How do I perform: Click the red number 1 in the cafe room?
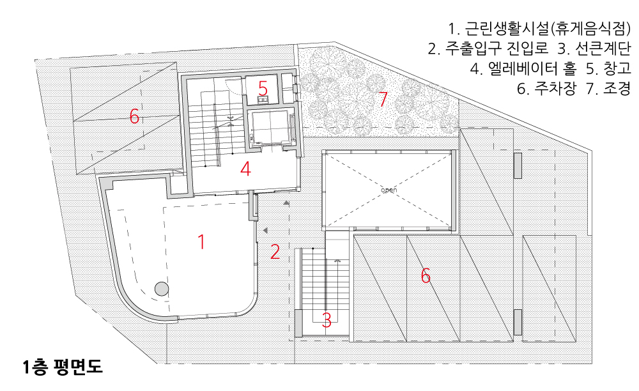[201, 242]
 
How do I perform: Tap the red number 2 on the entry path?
[275, 252]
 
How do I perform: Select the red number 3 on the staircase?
[327, 319]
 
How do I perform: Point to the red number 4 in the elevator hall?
[245, 169]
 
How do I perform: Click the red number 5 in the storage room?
[263, 87]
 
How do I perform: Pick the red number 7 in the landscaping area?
[383, 99]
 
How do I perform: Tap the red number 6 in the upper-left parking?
[134, 116]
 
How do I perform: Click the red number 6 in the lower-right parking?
[426, 275]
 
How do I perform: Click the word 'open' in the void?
[389, 190]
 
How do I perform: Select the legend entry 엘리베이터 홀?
[528, 69]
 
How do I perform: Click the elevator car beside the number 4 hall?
[270, 127]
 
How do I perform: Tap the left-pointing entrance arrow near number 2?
[264, 229]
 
